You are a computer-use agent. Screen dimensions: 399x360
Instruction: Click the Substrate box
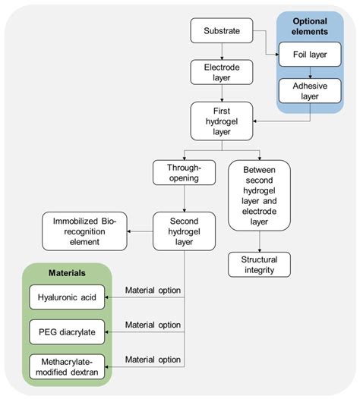click(220, 31)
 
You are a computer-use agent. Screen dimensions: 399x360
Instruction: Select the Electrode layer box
click(220, 72)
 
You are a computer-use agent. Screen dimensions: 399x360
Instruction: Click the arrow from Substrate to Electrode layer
click(220, 52)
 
